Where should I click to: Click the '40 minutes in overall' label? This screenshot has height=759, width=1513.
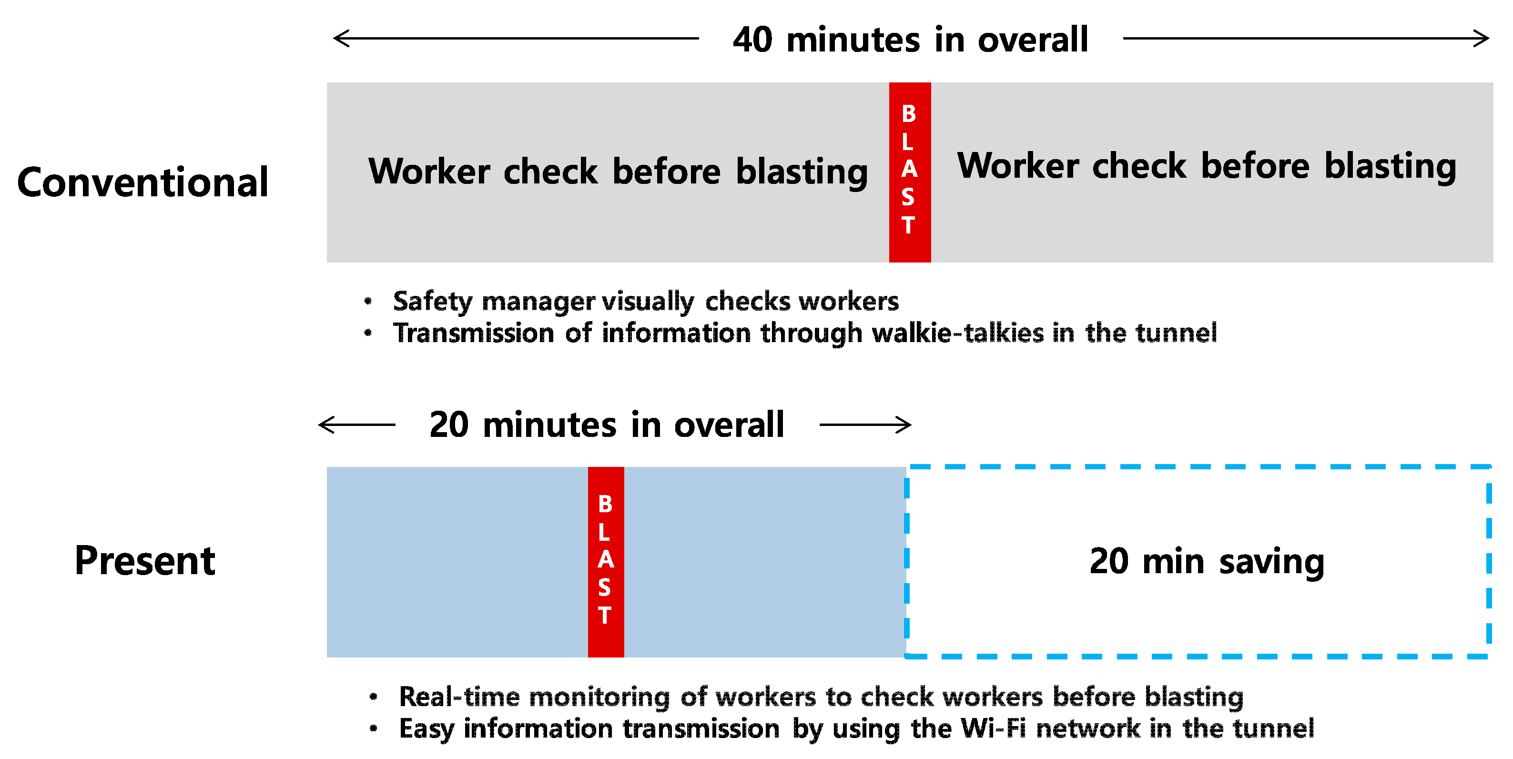pyautogui.click(x=910, y=40)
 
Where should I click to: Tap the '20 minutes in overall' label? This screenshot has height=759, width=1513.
pyautogui.click(x=606, y=425)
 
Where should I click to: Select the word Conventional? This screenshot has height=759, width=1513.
pyautogui.click(x=143, y=182)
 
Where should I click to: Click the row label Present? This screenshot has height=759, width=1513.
pyautogui.click(x=145, y=560)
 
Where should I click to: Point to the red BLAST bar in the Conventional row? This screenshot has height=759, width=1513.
pyautogui.click(x=909, y=172)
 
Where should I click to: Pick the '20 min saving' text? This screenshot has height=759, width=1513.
pyautogui.click(x=1207, y=562)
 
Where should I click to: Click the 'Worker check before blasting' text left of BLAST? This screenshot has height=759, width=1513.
pyautogui.click(x=618, y=172)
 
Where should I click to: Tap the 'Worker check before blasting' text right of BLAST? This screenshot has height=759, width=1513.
pyautogui.click(x=1207, y=166)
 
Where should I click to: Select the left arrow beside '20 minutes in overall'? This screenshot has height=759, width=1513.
pyautogui.click(x=356, y=424)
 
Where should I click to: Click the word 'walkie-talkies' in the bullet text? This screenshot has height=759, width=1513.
pyautogui.click(x=958, y=333)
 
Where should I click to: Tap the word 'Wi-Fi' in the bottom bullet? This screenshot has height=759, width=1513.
pyautogui.click(x=993, y=729)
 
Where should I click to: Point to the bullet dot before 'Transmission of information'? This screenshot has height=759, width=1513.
pyautogui.click(x=368, y=333)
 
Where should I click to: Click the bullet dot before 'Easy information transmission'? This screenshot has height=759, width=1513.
pyautogui.click(x=374, y=729)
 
